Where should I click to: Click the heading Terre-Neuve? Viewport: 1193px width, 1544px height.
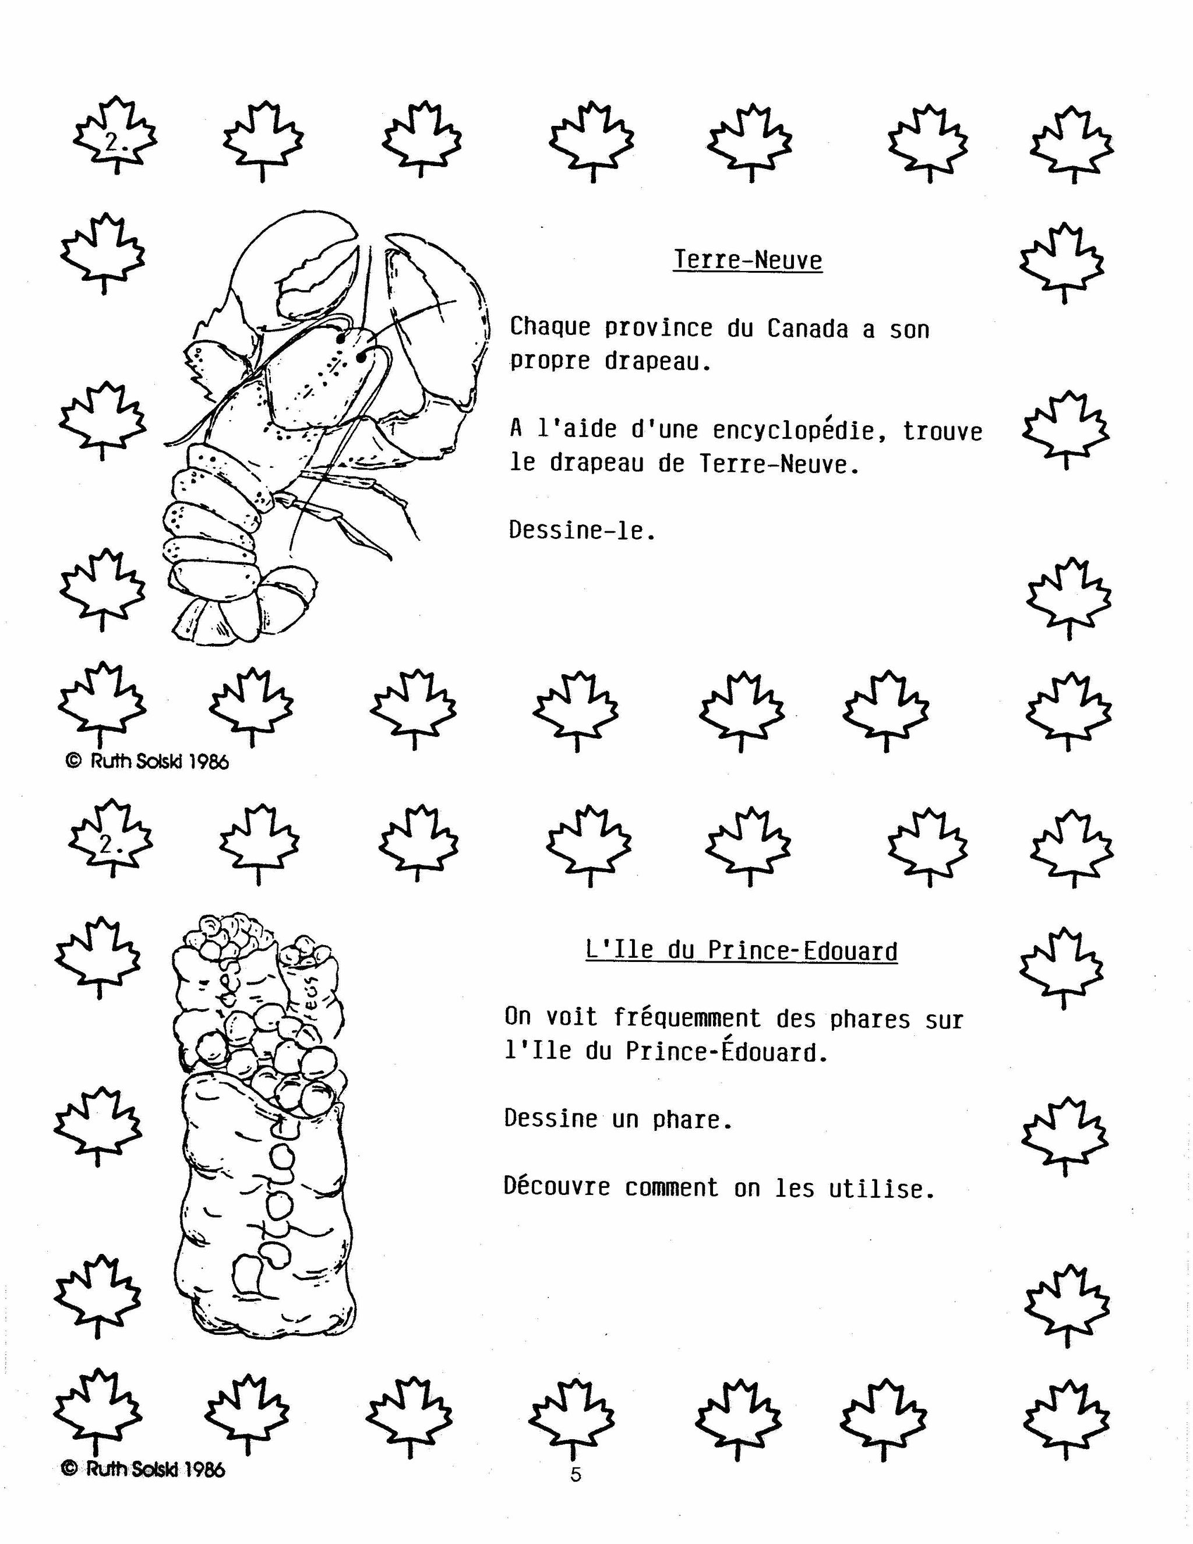748,260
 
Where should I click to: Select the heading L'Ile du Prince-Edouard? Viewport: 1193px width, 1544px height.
742,950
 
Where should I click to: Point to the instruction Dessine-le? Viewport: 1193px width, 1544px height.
583,530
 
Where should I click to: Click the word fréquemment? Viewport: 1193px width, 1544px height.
687,1018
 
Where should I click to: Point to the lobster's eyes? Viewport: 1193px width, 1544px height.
351,348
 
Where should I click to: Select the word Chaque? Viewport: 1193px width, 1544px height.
550,327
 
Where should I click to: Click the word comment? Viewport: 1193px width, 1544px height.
672,1187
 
